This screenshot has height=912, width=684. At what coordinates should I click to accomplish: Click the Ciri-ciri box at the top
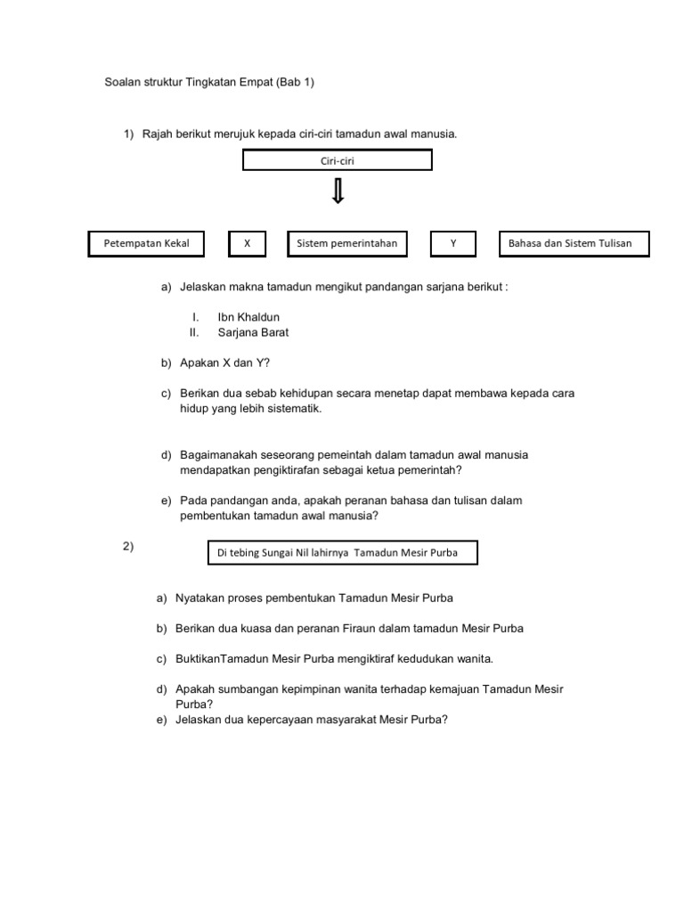coord(338,160)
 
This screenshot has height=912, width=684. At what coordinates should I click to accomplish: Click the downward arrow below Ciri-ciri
coord(338,191)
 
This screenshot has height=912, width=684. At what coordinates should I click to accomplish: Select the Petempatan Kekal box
coord(146,243)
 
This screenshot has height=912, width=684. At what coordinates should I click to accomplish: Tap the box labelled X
coord(248,243)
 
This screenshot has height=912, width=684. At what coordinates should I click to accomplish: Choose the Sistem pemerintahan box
coord(346,243)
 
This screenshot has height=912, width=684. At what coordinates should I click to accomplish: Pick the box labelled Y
coord(452,243)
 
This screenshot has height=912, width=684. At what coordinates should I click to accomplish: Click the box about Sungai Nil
coord(341,552)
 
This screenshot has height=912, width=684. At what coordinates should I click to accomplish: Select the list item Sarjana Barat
coord(253,332)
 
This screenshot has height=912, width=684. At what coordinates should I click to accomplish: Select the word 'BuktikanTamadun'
coord(218,659)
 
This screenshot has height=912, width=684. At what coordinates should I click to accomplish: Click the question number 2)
coord(128,547)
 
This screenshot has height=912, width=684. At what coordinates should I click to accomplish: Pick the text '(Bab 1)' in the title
coord(296,82)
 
